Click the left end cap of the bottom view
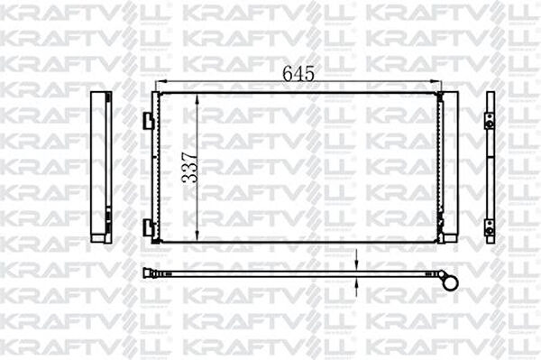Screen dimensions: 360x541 148,272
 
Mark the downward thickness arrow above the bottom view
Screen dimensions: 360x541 358,263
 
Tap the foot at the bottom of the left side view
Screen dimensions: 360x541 98,236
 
